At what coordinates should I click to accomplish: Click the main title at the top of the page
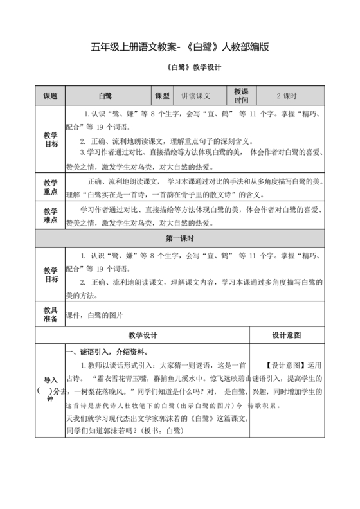[179, 47]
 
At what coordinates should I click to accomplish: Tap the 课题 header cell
[50, 96]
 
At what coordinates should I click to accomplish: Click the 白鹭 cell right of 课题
[105, 96]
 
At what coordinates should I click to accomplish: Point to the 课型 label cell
[162, 96]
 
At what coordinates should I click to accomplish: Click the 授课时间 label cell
[241, 96]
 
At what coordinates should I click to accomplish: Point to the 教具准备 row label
[50, 315]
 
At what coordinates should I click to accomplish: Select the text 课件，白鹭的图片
[94, 316]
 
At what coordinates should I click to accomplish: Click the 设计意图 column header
[286, 335]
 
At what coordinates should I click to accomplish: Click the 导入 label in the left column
[50, 379]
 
